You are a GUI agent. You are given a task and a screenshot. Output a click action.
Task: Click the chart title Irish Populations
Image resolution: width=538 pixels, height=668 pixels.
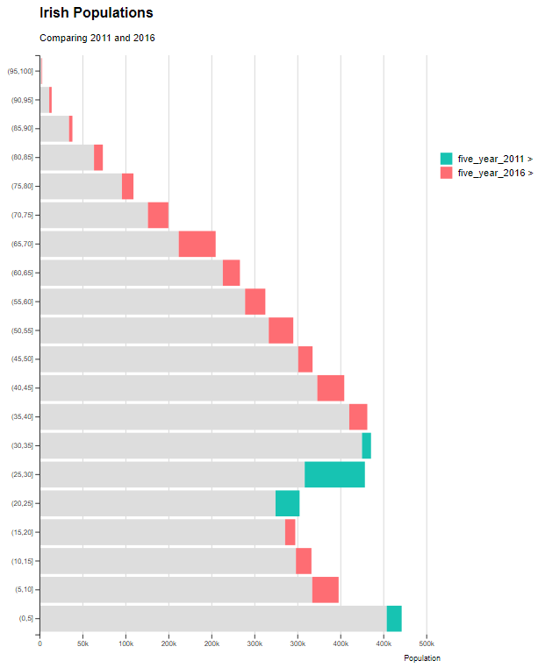[97, 13]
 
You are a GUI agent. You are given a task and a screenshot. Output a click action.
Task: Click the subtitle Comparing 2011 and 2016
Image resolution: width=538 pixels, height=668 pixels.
[97, 38]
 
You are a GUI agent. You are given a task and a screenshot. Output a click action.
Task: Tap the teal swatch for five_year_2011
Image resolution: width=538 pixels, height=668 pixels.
[447, 159]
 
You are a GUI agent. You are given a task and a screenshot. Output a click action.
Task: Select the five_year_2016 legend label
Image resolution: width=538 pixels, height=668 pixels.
[495, 173]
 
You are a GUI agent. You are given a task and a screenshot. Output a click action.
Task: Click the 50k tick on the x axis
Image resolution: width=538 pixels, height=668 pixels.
[82, 644]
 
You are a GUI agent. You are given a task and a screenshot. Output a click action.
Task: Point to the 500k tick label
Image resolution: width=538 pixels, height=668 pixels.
[427, 644]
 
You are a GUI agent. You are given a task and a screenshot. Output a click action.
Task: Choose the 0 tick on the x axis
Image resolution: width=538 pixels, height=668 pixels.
[39, 644]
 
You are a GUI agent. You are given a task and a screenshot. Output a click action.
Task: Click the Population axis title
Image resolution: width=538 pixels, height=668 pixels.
[422, 657]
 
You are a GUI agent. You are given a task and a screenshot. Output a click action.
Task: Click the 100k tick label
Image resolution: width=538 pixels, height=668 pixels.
[126, 644]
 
